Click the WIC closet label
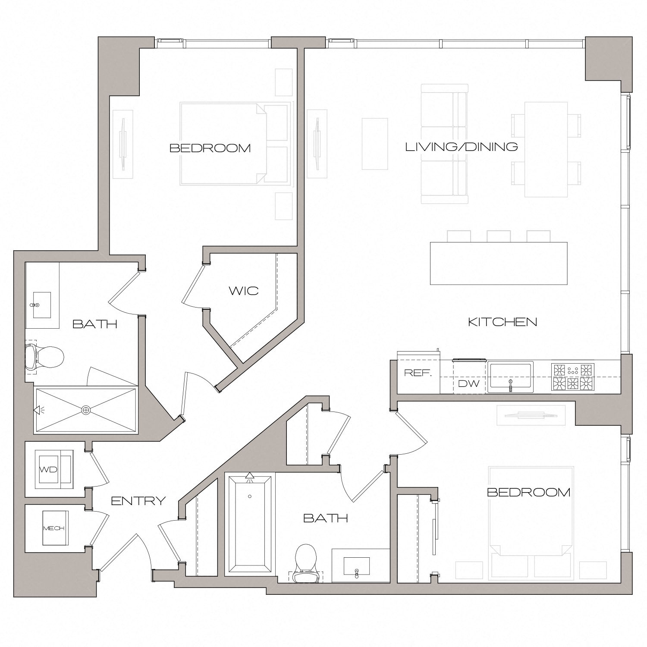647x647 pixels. (x=244, y=291)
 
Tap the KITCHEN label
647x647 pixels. (x=503, y=322)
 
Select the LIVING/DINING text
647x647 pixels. (x=462, y=147)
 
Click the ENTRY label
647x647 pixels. (x=138, y=501)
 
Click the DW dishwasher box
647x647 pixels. (x=469, y=383)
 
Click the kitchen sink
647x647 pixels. (x=511, y=376)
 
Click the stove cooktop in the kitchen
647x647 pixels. (x=573, y=377)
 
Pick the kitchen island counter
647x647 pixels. (x=499, y=263)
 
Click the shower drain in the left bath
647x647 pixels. (x=86, y=410)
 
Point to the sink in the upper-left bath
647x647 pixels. (x=41, y=305)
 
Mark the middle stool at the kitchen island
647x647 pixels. (x=499, y=236)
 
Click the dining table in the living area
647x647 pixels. (x=545, y=149)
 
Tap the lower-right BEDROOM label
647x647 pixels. (x=528, y=492)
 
